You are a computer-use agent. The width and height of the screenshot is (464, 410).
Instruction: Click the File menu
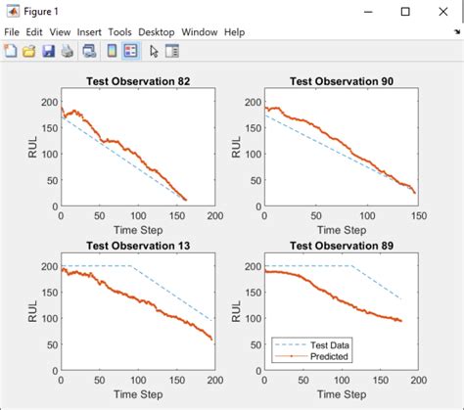[x=12, y=32]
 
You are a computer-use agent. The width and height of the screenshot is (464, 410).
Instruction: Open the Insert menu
[x=89, y=32]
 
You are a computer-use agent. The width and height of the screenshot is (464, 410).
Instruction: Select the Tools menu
[x=121, y=32]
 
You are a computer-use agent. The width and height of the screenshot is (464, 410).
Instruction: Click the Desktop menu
[x=157, y=32]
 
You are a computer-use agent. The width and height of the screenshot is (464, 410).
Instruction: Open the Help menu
[x=234, y=32]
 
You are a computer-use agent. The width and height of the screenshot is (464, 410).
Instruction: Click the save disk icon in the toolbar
[x=48, y=51]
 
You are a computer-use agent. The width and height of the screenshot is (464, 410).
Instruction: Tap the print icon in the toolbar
[x=67, y=51]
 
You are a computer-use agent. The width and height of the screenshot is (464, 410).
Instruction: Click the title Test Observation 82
[x=137, y=81]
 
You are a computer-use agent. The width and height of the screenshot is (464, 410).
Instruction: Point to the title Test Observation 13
[x=137, y=245]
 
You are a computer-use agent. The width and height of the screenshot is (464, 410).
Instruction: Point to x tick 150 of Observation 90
[x=416, y=215]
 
